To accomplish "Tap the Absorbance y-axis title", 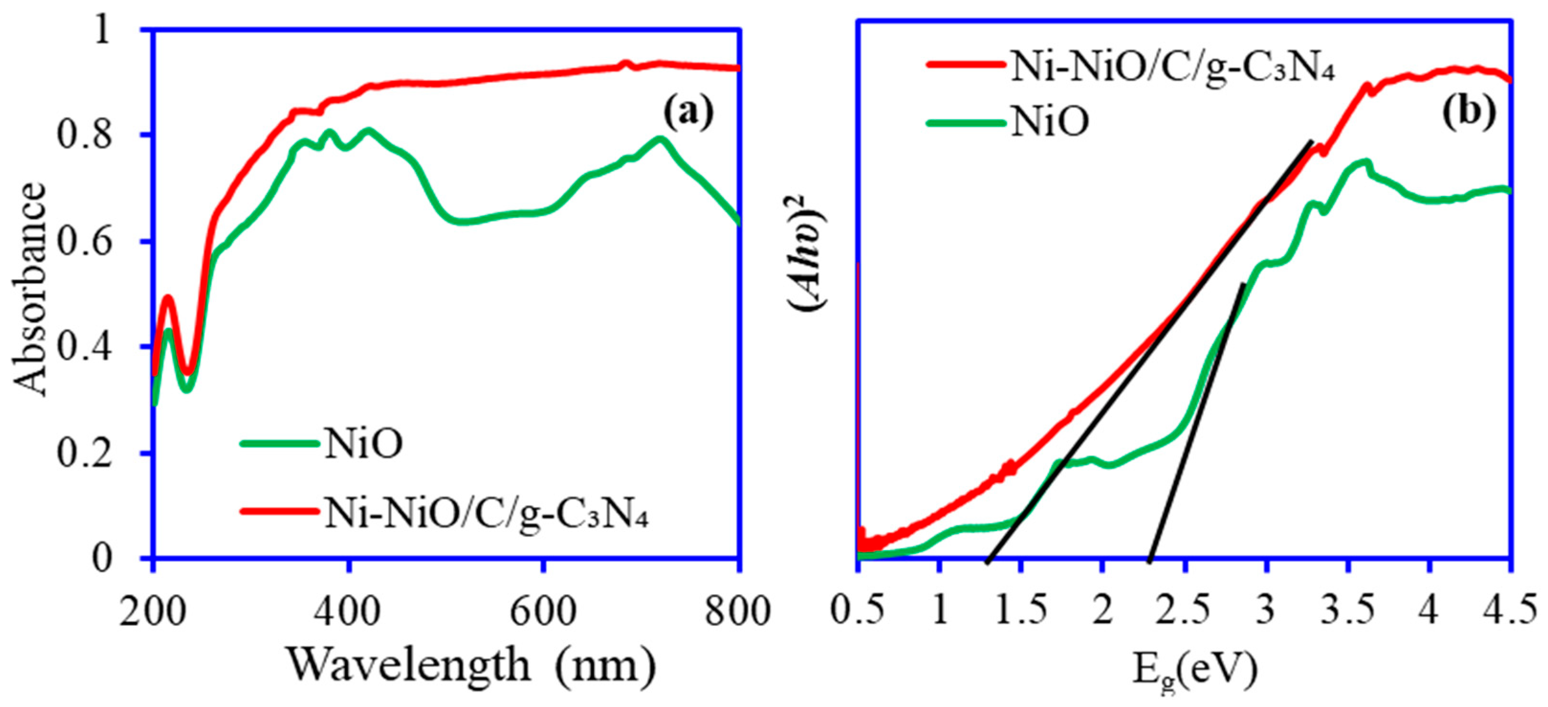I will coord(29,290).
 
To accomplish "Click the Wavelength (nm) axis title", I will coord(470,665).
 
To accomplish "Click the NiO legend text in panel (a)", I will coord(363,445).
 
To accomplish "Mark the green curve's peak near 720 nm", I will coord(660,141).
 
